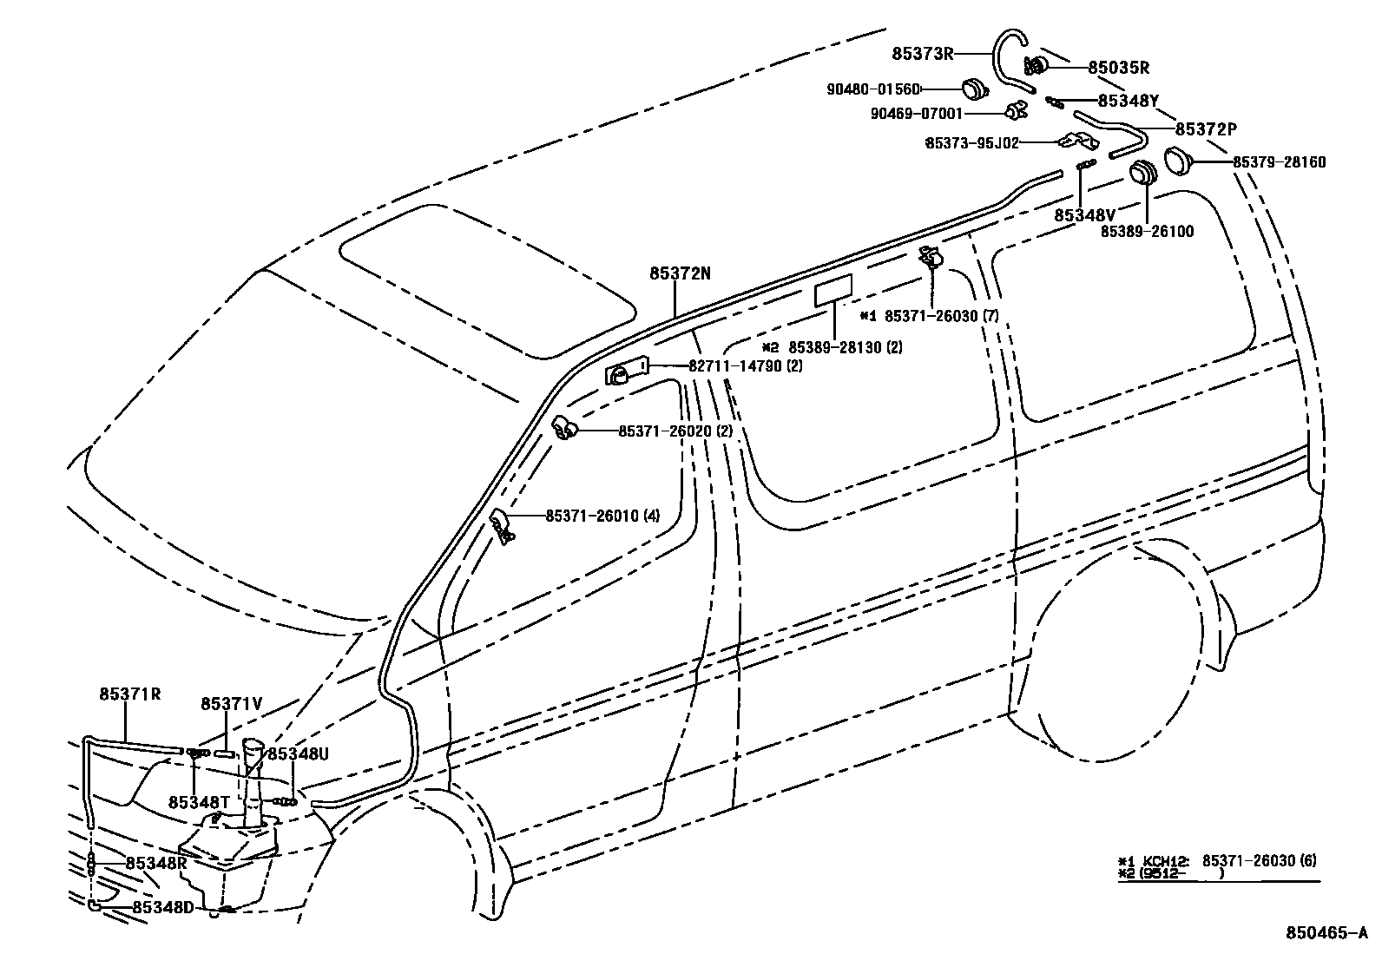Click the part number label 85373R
coord(923,54)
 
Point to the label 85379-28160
coord(1279,162)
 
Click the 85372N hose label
coord(680,273)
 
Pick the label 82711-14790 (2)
coord(746,366)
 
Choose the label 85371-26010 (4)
coord(602,516)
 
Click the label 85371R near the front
coord(130,694)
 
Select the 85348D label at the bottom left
coord(164,907)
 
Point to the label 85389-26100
coord(1147,232)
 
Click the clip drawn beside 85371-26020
coord(566,428)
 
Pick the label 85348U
coord(298,754)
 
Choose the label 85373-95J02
coord(971,142)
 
